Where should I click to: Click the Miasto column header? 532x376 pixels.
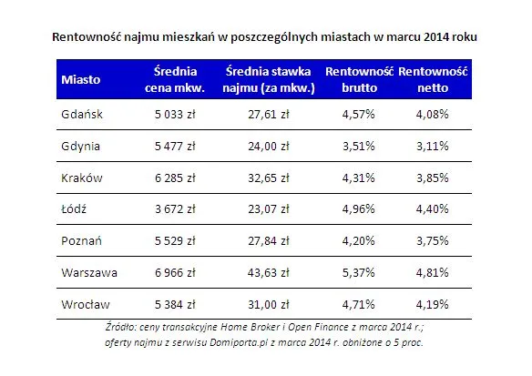80,79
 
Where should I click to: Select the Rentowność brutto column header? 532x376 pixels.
358,79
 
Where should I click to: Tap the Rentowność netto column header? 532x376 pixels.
434,79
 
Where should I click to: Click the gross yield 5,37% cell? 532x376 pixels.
358,270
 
